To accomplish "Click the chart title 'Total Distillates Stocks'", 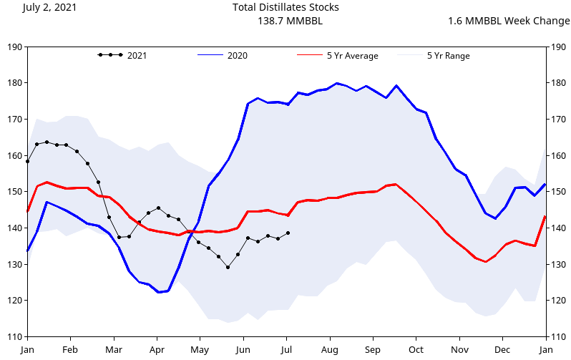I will pyautogui.click(x=285, y=7).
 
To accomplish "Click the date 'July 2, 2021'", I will pyautogui.click(x=49, y=7).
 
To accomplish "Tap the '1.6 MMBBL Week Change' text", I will pyautogui.click(x=509, y=21).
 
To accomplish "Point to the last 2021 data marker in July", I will pyautogui.click(x=288, y=233).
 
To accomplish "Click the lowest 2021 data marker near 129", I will pyautogui.click(x=228, y=267).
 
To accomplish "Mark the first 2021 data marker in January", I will pyautogui.click(x=27, y=161).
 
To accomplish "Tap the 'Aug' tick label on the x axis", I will pyautogui.click(x=330, y=349).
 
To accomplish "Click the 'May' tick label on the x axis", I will pyautogui.click(x=200, y=349).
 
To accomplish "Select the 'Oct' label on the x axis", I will pyautogui.click(x=416, y=349).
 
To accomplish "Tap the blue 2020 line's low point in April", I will pyautogui.click(x=159, y=292).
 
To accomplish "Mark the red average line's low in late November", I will pyautogui.click(x=486, y=262).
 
